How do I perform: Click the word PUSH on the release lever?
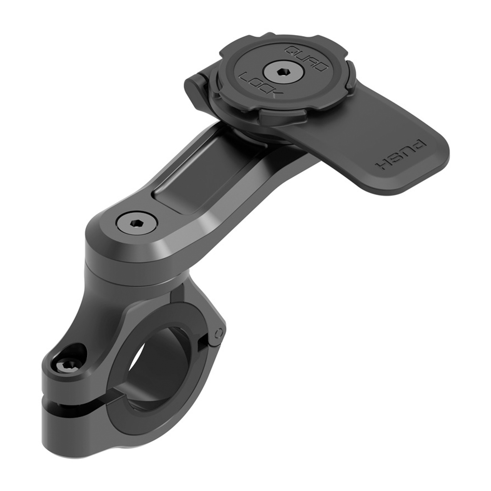(401, 155)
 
